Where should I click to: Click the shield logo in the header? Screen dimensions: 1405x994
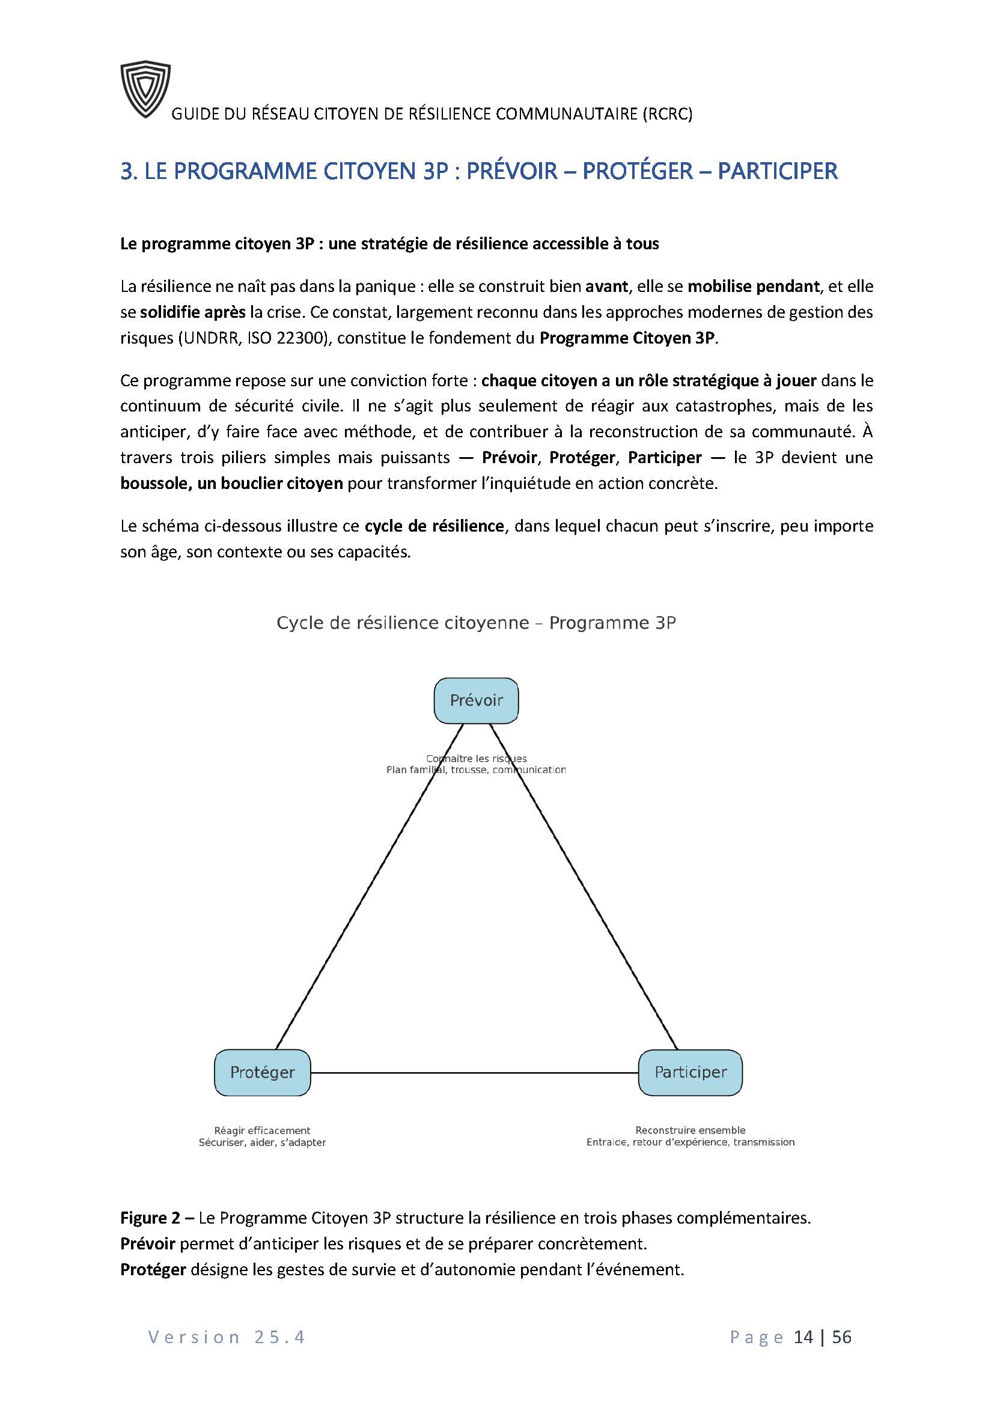[x=144, y=89]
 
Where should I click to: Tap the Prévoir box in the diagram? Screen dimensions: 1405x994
[x=475, y=700]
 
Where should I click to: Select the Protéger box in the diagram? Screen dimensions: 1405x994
[x=262, y=1072]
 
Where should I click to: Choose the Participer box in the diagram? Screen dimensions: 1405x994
[x=690, y=1072]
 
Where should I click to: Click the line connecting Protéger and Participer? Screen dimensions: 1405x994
[x=474, y=1073]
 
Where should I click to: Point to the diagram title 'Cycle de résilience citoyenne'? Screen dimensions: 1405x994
[x=403, y=623]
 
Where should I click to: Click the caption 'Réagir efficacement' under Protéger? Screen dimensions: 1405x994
[x=262, y=1130]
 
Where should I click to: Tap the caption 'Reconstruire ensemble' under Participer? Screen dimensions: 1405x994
[x=690, y=1130]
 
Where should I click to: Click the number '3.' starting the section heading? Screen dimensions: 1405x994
[x=128, y=171]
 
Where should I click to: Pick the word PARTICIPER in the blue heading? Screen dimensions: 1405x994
[x=776, y=171]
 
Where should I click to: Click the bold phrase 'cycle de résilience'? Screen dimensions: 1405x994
[x=434, y=526]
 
